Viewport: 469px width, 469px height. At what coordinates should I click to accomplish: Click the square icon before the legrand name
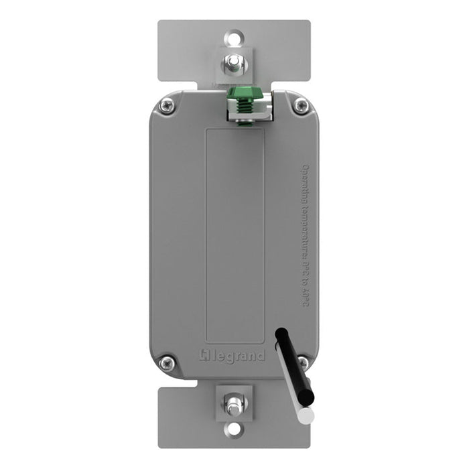coord(207,354)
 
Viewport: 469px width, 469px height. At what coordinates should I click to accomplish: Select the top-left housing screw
coord(167,105)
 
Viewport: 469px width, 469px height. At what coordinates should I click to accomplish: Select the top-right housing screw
coord(301,105)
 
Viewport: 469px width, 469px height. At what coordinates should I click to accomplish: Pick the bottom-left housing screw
coord(167,364)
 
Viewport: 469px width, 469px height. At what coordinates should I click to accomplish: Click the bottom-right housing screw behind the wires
coord(302,363)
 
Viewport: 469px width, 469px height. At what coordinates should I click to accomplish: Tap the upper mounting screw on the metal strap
coord(234,64)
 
